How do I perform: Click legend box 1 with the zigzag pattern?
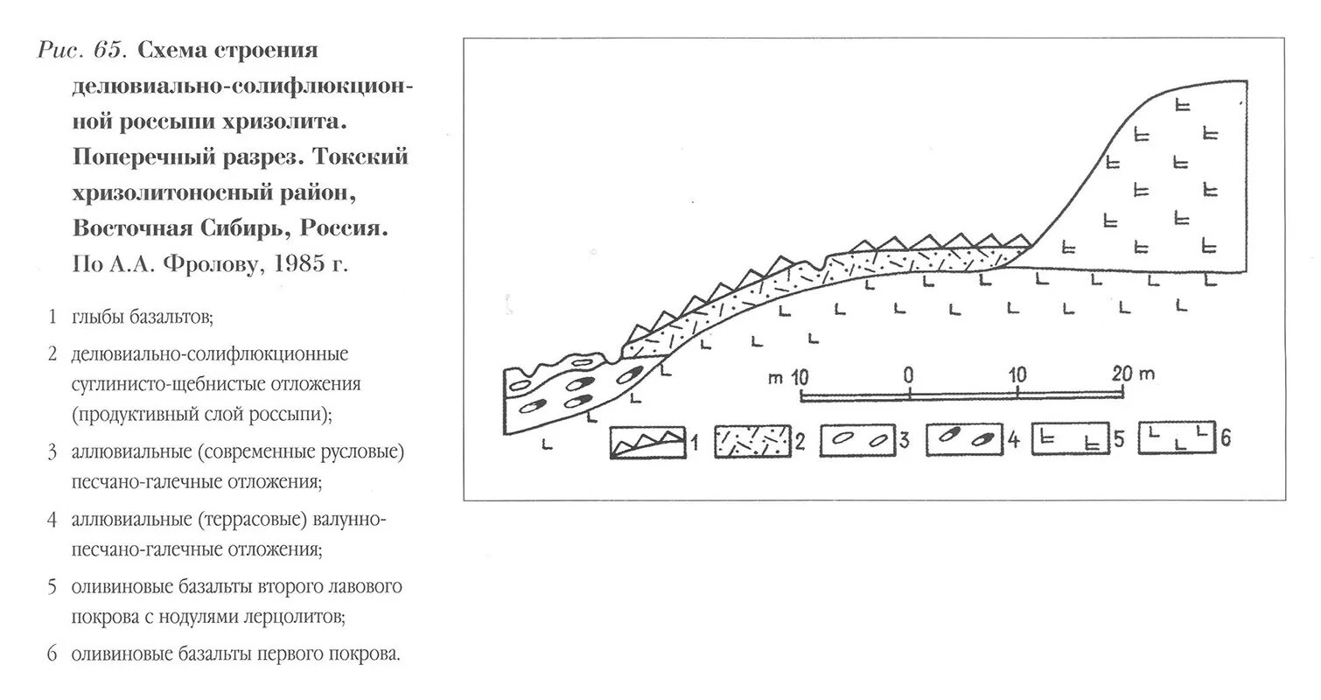click(x=647, y=443)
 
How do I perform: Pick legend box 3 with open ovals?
click(x=857, y=443)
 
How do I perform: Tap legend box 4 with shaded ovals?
click(x=962, y=443)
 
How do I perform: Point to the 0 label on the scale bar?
click(x=909, y=376)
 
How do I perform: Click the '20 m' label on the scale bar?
click(x=1135, y=374)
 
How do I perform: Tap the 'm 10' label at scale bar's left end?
click(x=786, y=378)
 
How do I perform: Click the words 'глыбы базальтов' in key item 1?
click(x=143, y=317)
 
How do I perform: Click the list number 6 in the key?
click(x=53, y=654)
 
